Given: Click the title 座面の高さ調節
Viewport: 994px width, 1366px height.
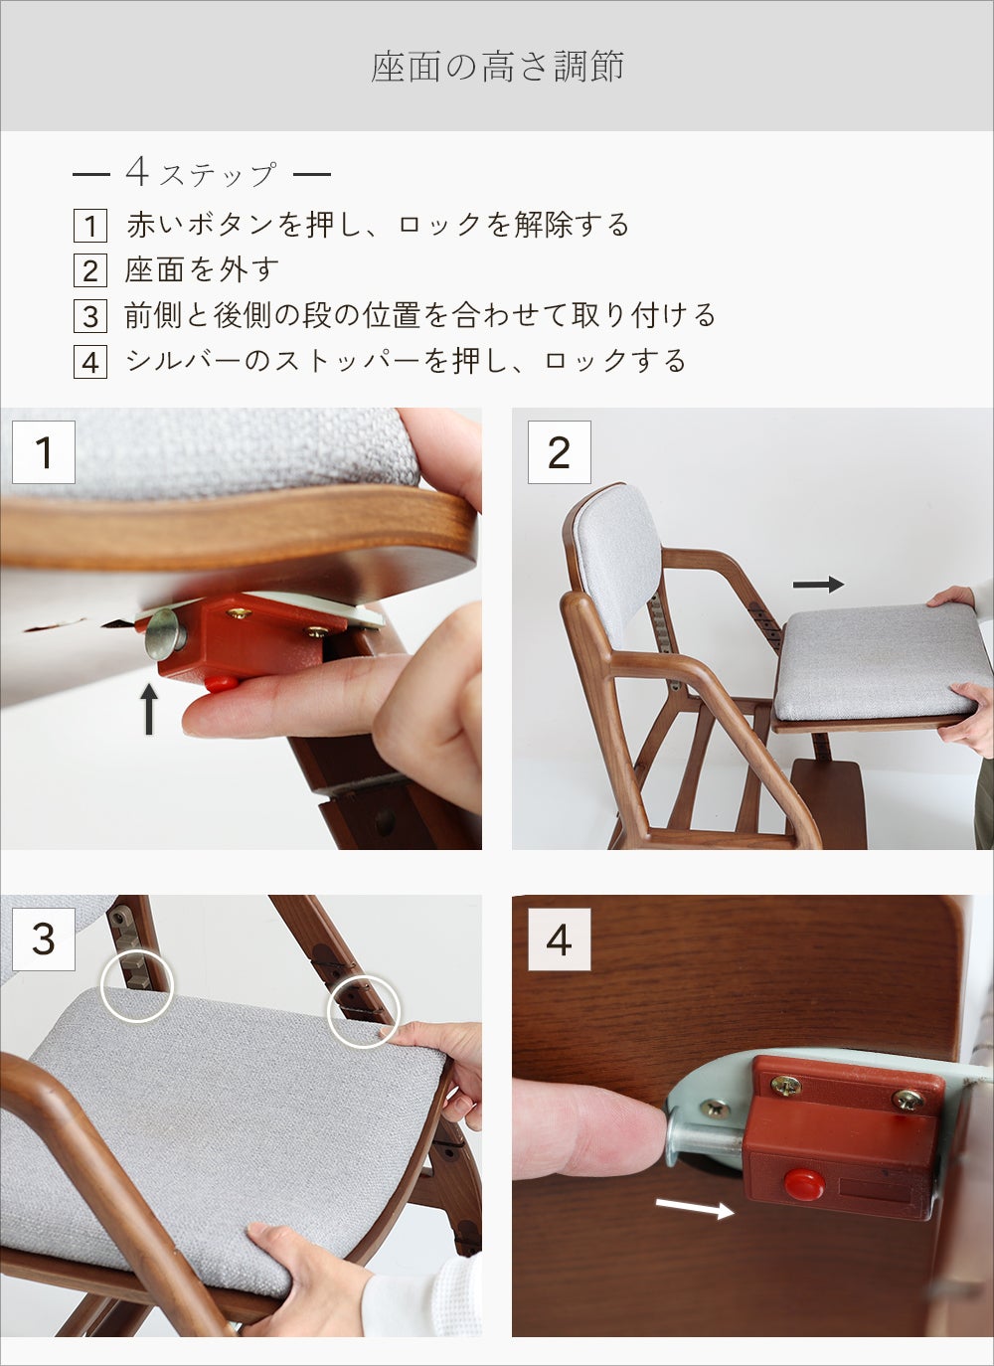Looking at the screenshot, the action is pyautogui.click(x=497, y=67).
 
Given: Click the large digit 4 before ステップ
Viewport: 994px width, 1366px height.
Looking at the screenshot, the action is pyautogui.click(x=138, y=172).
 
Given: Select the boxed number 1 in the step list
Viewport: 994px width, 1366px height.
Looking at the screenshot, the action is pyautogui.click(x=90, y=225).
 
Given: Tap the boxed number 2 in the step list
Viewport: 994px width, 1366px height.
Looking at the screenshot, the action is pyautogui.click(x=90, y=270).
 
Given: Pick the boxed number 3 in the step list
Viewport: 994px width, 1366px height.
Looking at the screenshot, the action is pyautogui.click(x=90, y=316).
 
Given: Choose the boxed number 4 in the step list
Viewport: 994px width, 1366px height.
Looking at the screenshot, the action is pyautogui.click(x=90, y=362).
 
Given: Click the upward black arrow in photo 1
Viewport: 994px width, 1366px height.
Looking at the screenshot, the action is pyautogui.click(x=149, y=709).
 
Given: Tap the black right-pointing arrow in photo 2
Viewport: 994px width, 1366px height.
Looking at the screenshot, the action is pyautogui.click(x=818, y=585).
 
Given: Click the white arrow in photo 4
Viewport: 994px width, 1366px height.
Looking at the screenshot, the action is pyautogui.click(x=695, y=1207).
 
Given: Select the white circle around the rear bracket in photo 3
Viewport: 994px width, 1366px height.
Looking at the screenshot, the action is pyautogui.click(x=137, y=985).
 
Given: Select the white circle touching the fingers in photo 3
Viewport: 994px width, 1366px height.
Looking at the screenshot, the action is pyautogui.click(x=364, y=1011).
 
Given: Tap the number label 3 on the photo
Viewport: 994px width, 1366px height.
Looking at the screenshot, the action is pyautogui.click(x=44, y=939).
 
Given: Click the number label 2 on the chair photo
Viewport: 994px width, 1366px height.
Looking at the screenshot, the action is pyautogui.click(x=560, y=452).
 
